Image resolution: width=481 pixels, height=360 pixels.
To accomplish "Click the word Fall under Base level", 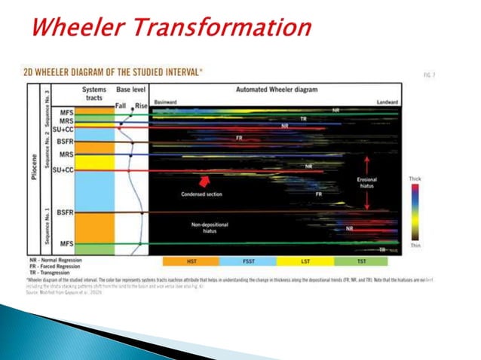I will [121, 105].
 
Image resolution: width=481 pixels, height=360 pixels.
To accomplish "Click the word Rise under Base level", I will [140, 105].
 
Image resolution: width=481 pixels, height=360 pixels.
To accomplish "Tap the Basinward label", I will [166, 100].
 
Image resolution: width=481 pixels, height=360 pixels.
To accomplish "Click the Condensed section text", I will [202, 194].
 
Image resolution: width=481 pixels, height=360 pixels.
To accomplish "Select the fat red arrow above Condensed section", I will [202, 181].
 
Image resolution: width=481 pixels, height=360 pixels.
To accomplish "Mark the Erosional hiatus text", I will [366, 182].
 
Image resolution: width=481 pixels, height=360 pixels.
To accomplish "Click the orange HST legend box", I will [191, 261].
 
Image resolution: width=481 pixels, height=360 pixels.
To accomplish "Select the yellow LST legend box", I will [304, 261].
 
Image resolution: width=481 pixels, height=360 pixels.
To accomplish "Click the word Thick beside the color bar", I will [415, 178].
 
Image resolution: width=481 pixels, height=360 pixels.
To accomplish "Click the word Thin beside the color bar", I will [415, 246].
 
